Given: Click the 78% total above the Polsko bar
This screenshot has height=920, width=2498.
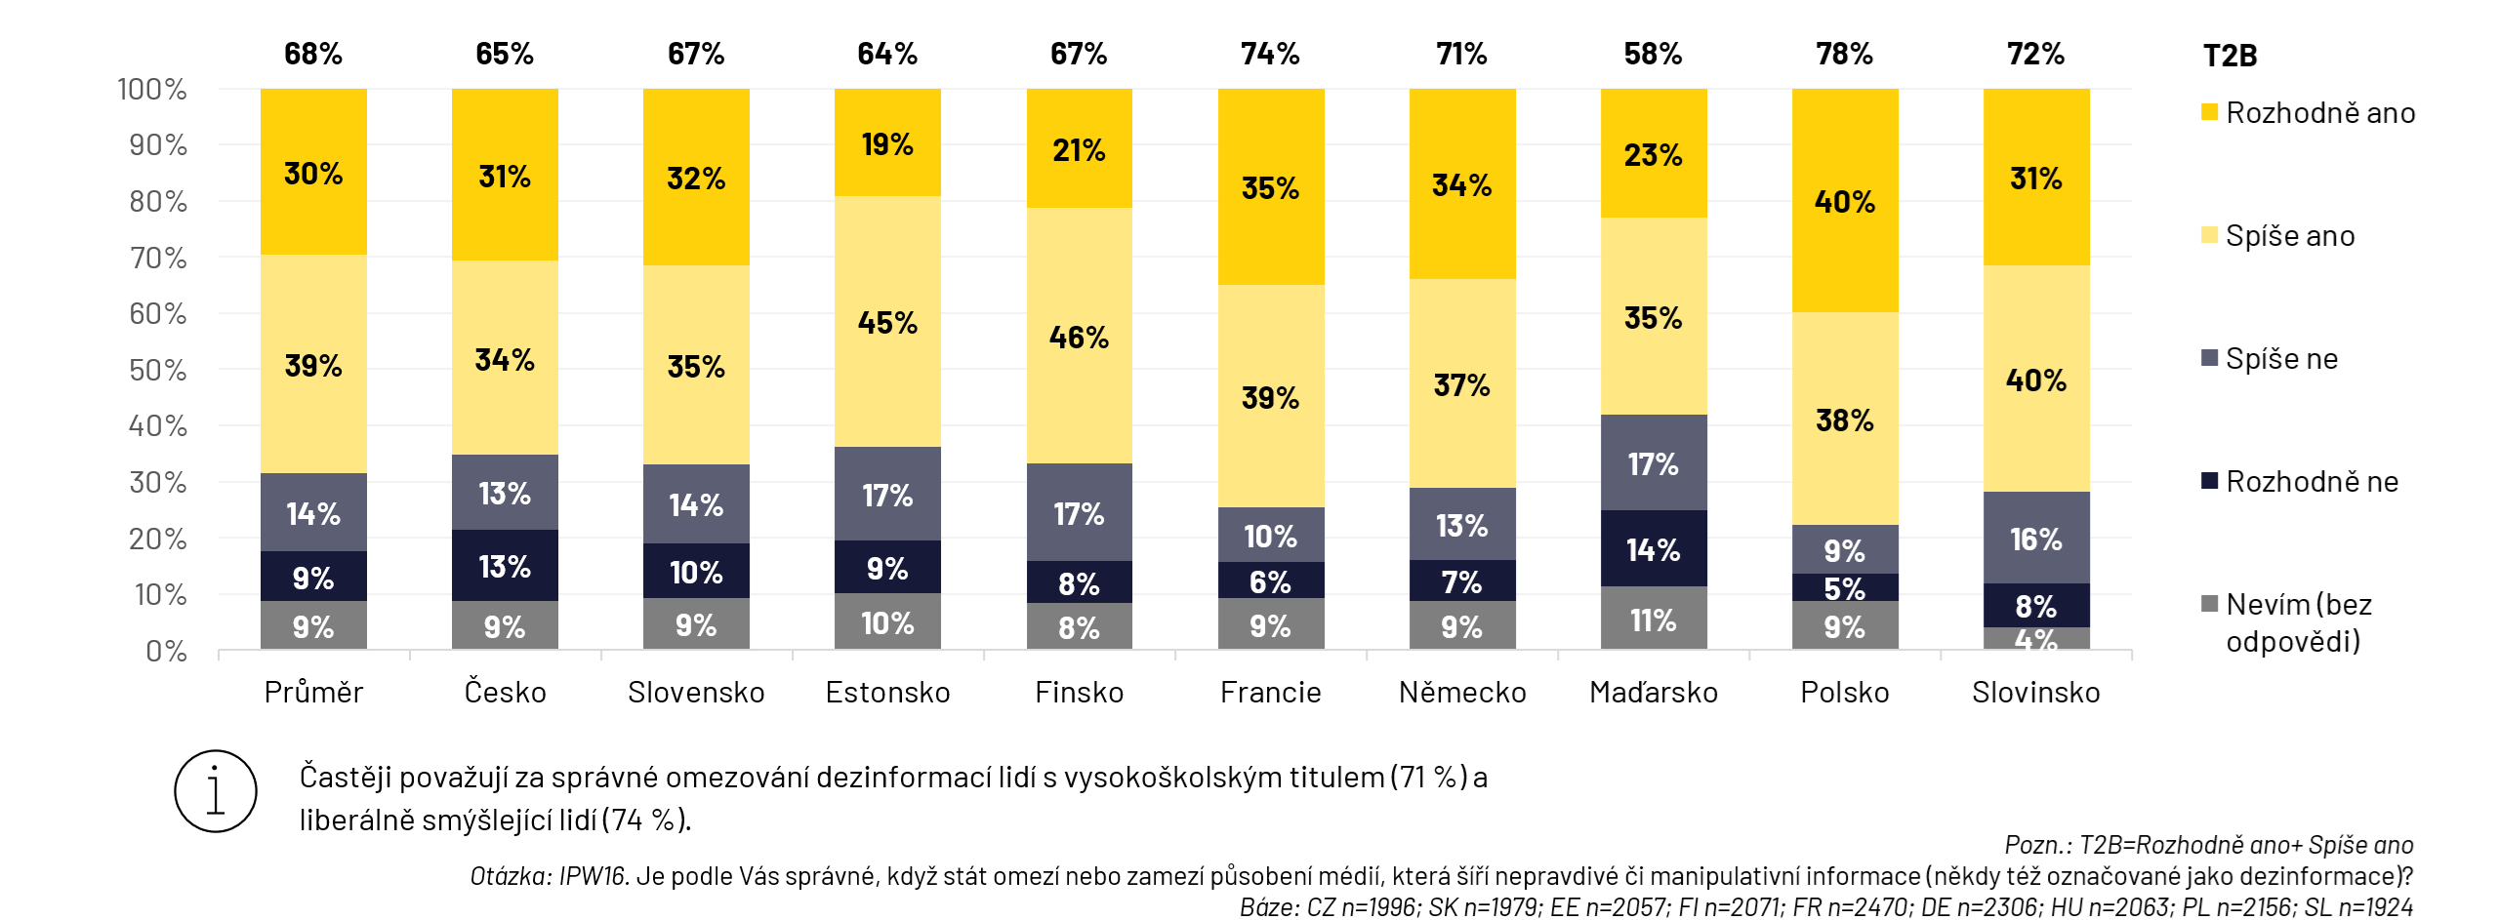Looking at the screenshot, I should (1844, 54).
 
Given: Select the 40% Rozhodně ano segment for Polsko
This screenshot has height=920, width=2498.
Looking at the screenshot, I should (1844, 201).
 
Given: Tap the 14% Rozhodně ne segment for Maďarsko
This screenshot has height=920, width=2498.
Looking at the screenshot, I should (1653, 549).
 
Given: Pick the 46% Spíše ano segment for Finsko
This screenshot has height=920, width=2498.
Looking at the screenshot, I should (1079, 337).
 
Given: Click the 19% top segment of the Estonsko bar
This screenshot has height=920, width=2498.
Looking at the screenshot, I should (887, 143).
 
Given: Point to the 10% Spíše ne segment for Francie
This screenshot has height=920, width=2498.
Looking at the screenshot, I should (1270, 536).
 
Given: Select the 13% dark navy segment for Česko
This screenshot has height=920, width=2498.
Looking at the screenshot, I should (505, 566).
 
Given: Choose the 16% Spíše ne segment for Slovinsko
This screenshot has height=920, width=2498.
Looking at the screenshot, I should (2035, 539).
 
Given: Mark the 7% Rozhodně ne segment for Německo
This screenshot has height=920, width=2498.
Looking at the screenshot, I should (1461, 581).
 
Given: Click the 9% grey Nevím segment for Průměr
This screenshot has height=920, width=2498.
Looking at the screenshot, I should (313, 626).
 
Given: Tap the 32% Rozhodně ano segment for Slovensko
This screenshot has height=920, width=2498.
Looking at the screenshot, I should (696, 178).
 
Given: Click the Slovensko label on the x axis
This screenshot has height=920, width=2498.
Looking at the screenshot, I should (696, 693).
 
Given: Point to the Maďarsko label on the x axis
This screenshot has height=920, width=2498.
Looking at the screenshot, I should (1653, 693).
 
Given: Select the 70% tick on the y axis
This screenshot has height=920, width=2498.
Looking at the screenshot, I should (157, 258).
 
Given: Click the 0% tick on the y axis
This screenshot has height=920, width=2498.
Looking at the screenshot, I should (166, 651).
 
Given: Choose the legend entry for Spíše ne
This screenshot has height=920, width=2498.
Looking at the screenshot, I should (2280, 359).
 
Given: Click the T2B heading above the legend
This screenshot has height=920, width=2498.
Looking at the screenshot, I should (2230, 56).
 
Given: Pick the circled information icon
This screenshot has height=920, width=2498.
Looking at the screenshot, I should (216, 791).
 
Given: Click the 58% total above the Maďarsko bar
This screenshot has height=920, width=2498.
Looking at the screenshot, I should (1653, 54).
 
